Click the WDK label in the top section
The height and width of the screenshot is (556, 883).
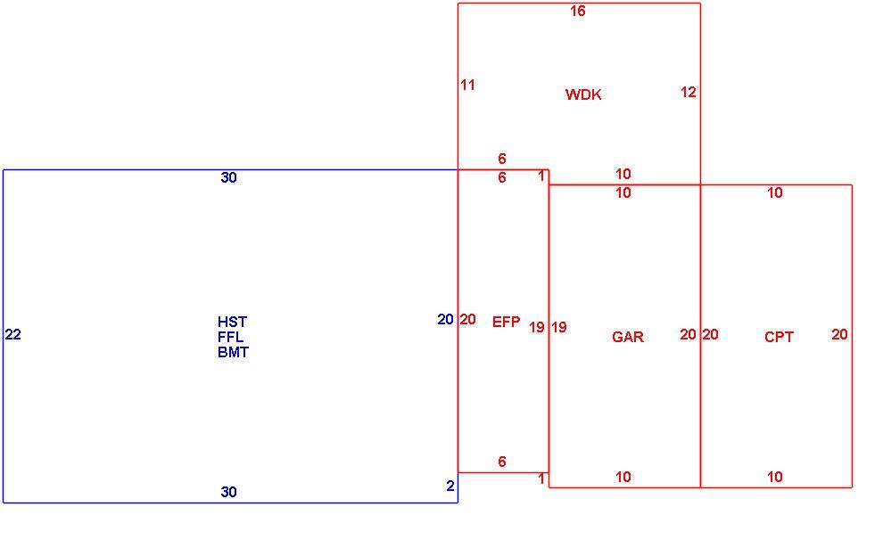click(x=582, y=94)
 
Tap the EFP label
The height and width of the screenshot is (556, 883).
click(x=506, y=322)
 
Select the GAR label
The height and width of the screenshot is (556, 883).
click(x=627, y=337)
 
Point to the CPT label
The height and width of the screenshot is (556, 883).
click(x=779, y=337)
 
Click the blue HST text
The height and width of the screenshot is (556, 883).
click(x=232, y=322)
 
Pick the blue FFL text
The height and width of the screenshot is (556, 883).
click(x=231, y=337)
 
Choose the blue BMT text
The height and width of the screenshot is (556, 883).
click(x=233, y=352)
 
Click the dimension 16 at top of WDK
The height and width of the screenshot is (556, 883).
click(x=578, y=12)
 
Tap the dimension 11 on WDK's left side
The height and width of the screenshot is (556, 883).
click(x=468, y=86)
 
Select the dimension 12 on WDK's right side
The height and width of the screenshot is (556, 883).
click(x=689, y=93)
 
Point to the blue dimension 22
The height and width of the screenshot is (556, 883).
click(x=13, y=335)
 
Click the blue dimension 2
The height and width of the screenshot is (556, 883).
click(x=450, y=487)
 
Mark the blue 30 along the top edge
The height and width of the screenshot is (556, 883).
click(x=228, y=178)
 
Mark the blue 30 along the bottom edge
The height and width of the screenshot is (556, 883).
click(x=228, y=493)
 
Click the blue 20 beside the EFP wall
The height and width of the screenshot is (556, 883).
click(x=445, y=320)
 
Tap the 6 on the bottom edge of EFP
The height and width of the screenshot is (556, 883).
click(x=502, y=462)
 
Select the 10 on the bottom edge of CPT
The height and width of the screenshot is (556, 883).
click(x=775, y=478)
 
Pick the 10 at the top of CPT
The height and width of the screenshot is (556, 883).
click(x=775, y=193)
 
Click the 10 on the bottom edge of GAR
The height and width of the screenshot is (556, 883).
click(x=623, y=478)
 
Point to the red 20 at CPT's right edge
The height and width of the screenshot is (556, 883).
click(x=839, y=335)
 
